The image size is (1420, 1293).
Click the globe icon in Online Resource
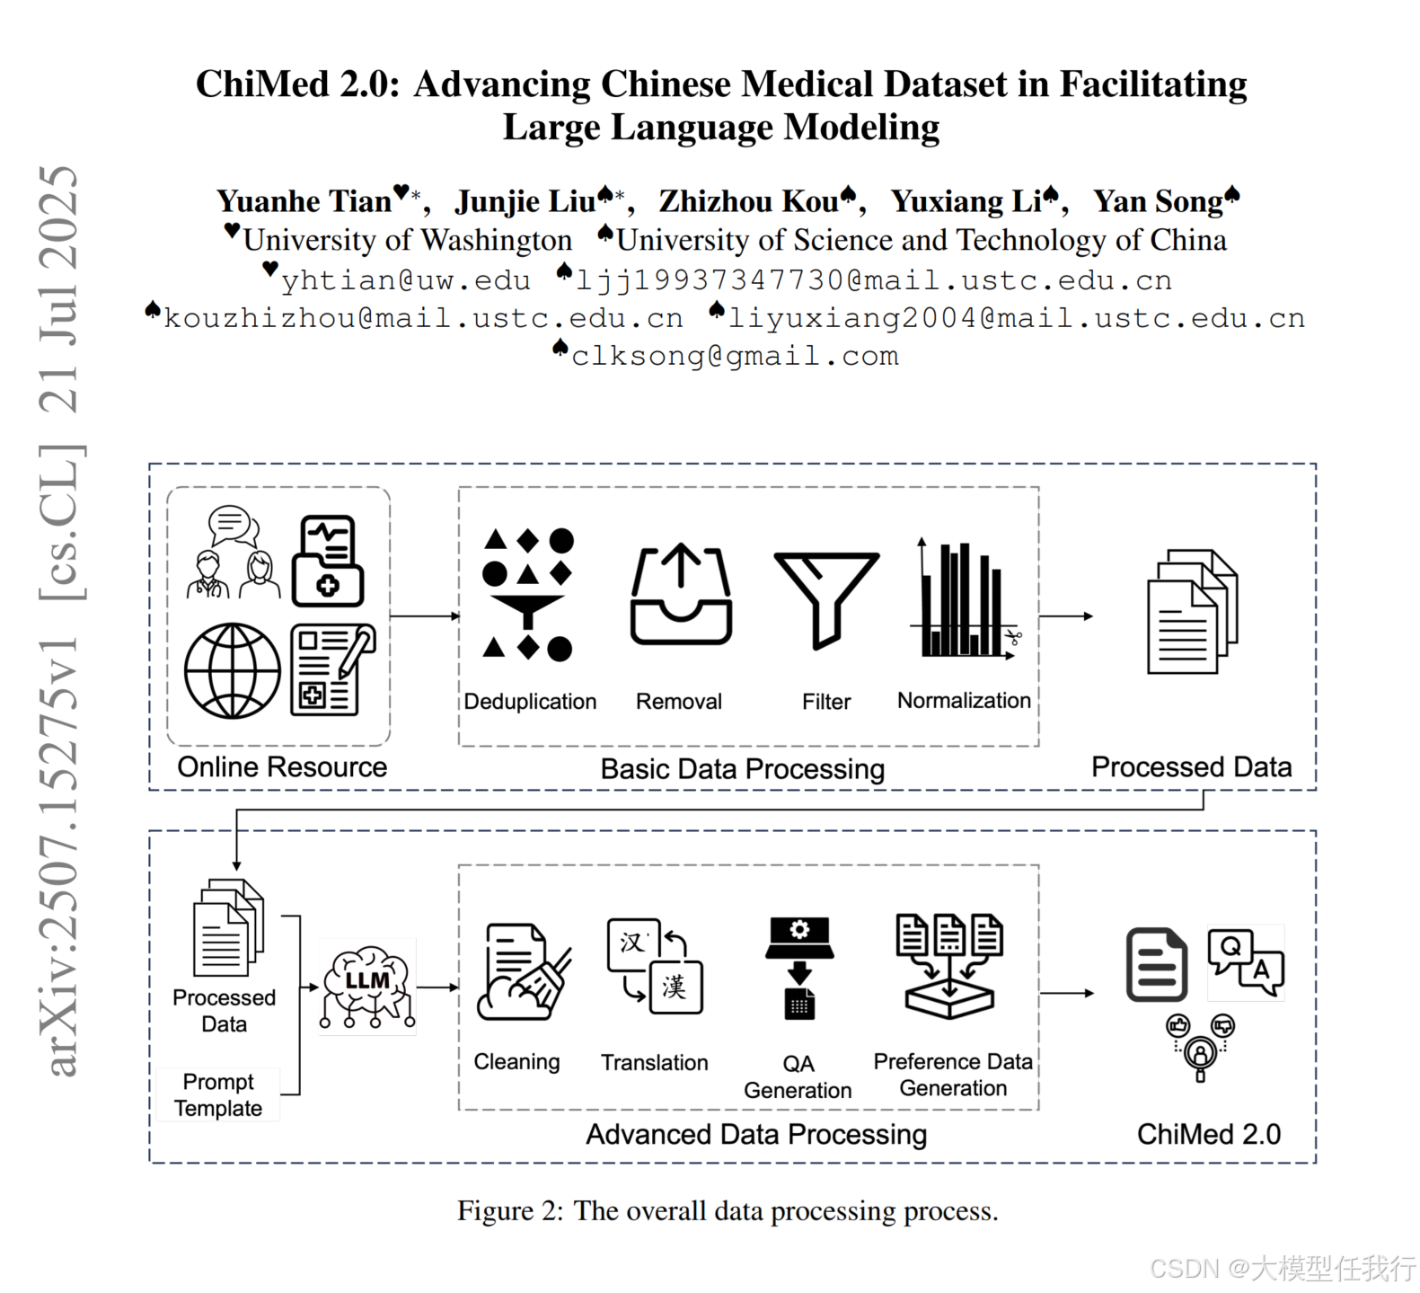pos(233,670)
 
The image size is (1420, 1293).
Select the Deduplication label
pos(530,702)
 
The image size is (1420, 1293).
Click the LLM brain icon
pos(367,986)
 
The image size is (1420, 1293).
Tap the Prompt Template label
pos(218,1094)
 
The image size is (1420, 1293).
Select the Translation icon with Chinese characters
pos(655,965)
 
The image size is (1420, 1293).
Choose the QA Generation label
pos(798,1076)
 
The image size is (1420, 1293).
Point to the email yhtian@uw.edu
pos(406,280)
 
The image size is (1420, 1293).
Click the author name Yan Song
pos(1159,201)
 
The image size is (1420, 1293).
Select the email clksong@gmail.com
pos(735,356)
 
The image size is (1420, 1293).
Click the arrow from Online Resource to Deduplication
pos(424,616)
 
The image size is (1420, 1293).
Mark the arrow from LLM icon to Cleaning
pos(438,987)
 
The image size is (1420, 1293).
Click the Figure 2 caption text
pos(728,1210)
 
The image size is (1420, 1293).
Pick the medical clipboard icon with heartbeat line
pos(329,561)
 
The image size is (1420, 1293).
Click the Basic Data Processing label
pos(742,769)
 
